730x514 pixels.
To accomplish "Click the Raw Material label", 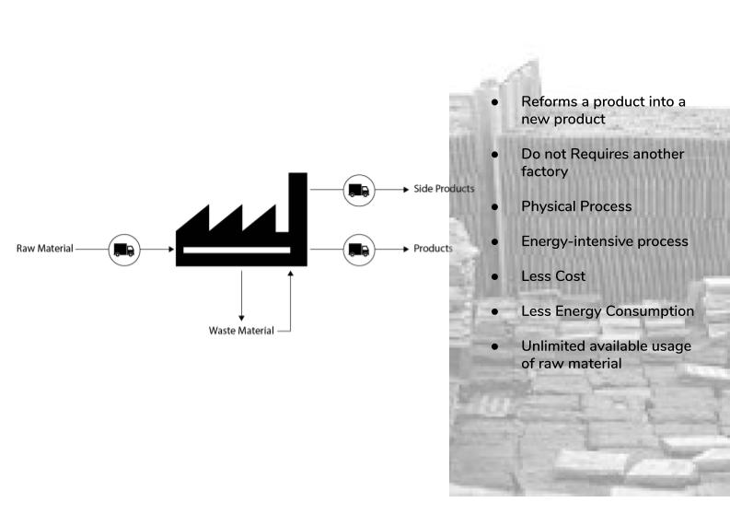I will click(44, 249).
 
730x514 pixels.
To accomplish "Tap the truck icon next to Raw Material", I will click(124, 249).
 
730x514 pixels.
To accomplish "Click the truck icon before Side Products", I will click(358, 190).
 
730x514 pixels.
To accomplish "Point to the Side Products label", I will click(444, 189).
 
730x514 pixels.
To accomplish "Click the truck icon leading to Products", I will click(358, 249).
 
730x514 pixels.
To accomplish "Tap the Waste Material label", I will click(241, 331).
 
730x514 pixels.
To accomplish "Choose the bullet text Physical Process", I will click(576, 206).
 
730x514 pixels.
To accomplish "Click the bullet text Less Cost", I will click(552, 276).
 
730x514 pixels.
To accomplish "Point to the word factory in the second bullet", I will click(544, 171).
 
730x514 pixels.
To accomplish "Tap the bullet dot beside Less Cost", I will click(495, 276).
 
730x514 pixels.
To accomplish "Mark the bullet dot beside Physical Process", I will click(495, 206).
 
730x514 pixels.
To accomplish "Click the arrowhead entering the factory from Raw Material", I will click(170, 249).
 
